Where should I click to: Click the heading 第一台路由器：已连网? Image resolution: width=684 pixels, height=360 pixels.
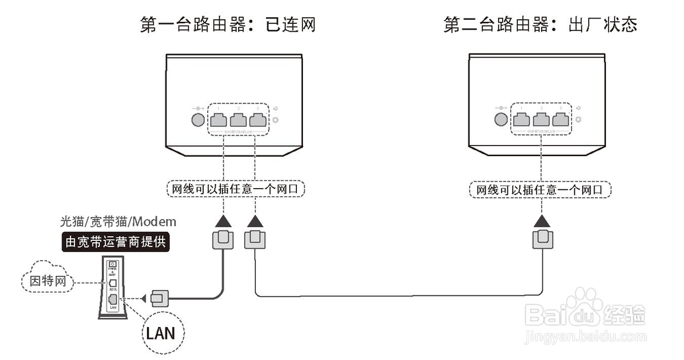228,25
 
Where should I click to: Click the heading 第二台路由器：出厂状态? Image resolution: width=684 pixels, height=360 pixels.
540,25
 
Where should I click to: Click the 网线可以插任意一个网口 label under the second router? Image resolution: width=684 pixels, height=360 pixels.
540,189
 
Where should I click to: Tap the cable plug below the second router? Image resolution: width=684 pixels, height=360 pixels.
542,240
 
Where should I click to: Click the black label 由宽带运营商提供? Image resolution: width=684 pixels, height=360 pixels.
116,242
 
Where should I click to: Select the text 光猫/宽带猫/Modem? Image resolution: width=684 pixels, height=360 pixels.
118,222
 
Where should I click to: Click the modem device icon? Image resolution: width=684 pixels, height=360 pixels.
112,287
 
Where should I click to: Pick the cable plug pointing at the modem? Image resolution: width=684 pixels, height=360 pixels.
159,298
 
